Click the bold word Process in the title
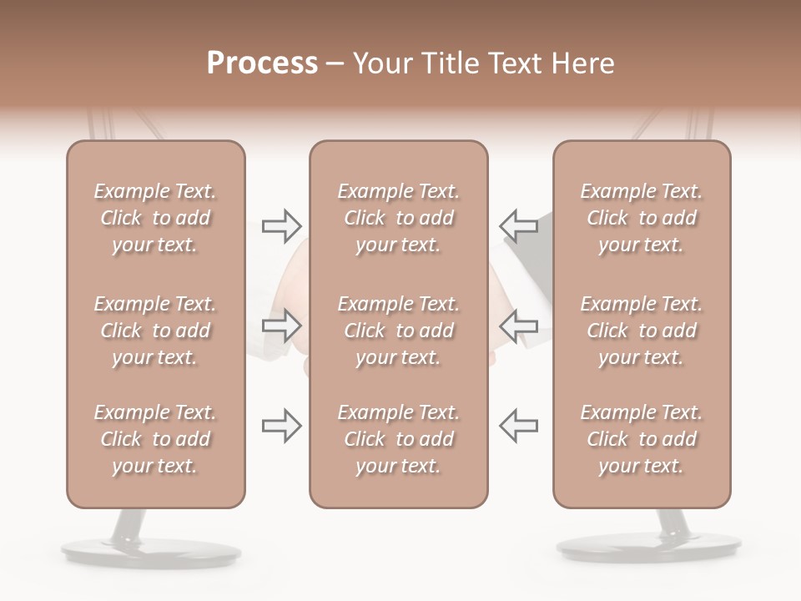coord(262,63)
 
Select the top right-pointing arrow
coord(282,225)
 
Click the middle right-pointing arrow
coord(282,325)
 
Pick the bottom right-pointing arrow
coord(282,426)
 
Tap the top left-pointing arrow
coord(518,225)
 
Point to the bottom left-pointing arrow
coord(518,426)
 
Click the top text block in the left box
coord(155,218)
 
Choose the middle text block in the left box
coord(155,331)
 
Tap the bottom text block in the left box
coord(155,439)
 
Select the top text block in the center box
coord(398,218)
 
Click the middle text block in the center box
coord(398,331)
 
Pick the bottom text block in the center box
coord(398,439)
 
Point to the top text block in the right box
coord(642,218)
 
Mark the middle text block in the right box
coord(642,331)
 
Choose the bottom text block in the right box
coord(642,439)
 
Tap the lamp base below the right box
coord(649,547)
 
